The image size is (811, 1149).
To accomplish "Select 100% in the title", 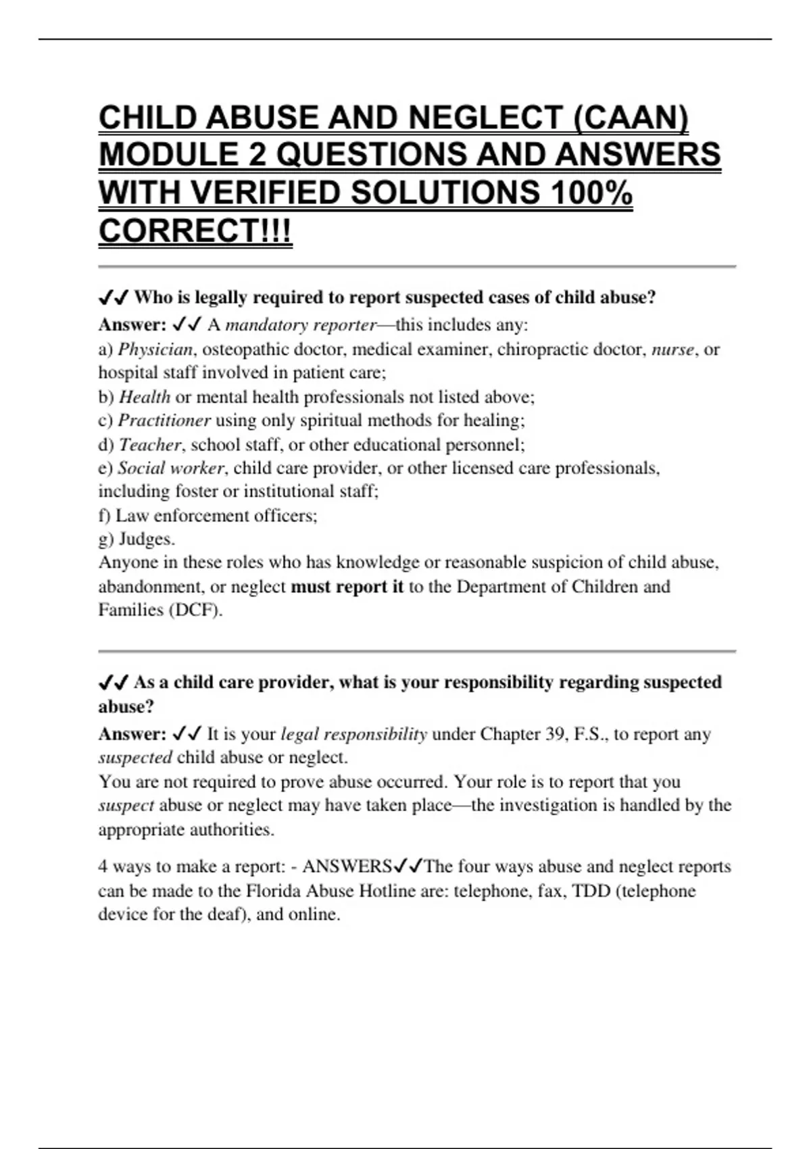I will (591, 193).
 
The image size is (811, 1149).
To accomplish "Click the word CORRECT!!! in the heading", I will (195, 231).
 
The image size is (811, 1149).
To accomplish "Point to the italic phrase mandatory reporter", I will (301, 325).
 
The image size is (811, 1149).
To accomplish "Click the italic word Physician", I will (155, 349).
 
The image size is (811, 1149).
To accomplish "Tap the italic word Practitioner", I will (164, 420).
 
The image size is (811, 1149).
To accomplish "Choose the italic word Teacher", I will (150, 445).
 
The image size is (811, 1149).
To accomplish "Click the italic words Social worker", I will (170, 468).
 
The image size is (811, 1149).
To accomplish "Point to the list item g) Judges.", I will (137, 539).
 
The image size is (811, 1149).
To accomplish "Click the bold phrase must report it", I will (347, 587).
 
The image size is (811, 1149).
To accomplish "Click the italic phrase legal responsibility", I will (353, 734).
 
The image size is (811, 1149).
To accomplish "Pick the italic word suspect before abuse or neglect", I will (126, 806).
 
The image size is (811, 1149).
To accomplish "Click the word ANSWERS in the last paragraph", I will (347, 866).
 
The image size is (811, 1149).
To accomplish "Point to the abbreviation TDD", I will (591, 891).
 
